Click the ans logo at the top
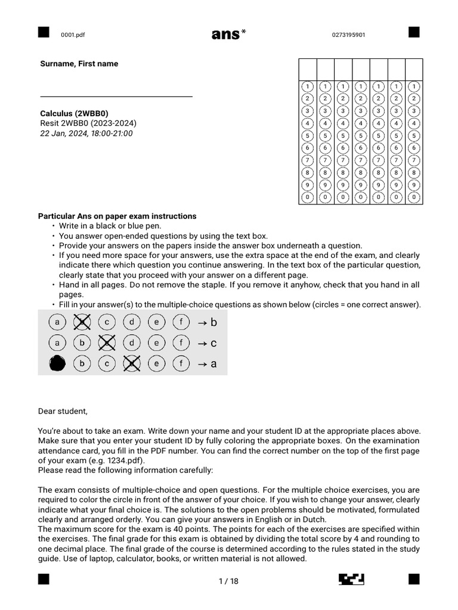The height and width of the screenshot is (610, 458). tap(228, 35)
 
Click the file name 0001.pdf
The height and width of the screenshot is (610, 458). tap(73, 35)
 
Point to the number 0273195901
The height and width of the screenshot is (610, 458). tap(349, 35)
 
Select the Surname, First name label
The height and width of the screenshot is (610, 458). tap(79, 64)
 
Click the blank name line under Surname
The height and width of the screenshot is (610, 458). tap(116, 96)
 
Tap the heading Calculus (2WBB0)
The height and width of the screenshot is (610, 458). tap(75, 113)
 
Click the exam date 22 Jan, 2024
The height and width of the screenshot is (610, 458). tap(86, 133)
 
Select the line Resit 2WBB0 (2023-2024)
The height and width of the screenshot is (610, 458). tap(88, 123)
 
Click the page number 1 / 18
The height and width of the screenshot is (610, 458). tap(228, 581)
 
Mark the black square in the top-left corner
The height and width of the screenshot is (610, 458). tap(43, 32)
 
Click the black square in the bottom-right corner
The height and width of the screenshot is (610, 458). tap(414, 580)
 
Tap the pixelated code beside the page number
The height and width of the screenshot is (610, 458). tap(351, 580)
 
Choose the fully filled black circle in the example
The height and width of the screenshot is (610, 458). tap(57, 363)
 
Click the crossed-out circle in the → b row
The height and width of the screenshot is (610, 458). tap(82, 322)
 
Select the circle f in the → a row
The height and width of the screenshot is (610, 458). tap(181, 363)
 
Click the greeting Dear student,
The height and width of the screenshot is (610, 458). tap(63, 410)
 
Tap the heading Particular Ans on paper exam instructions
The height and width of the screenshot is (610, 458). tap(117, 216)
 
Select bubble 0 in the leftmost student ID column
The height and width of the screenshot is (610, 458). tap(307, 197)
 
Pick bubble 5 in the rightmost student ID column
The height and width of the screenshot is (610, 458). tap(414, 135)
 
